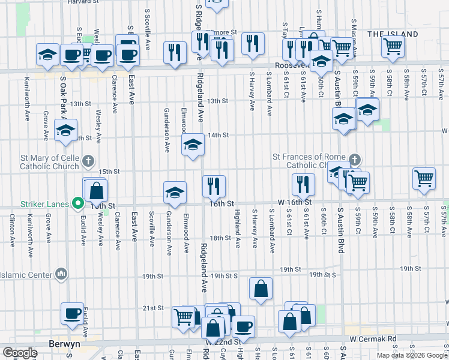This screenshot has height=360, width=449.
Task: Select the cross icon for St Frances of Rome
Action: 355,160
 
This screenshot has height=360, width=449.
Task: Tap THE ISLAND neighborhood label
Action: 393,34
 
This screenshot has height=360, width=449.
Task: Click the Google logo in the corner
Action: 20,352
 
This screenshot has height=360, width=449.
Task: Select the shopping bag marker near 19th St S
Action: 261,289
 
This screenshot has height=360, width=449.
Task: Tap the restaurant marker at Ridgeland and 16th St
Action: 214,186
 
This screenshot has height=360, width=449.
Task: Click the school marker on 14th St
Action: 193,144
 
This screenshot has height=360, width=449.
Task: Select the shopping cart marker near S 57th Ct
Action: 424,179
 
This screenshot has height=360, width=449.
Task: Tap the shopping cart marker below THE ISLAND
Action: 392,46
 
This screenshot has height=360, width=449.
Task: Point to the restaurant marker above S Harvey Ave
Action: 253,43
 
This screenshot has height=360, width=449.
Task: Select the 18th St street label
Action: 220,238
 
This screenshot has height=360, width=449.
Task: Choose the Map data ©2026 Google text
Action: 412,355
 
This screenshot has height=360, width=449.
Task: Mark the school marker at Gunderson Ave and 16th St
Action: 175,192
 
